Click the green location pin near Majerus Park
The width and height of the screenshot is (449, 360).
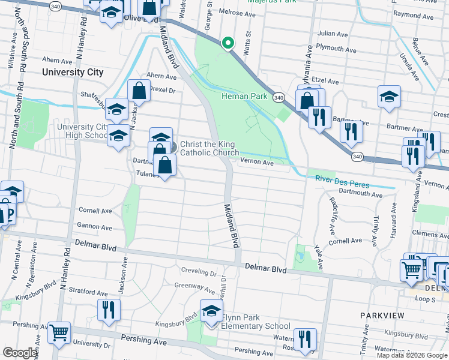point(228,43)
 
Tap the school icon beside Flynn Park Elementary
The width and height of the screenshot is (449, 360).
point(211,311)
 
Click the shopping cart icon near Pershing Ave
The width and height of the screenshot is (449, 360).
point(59,332)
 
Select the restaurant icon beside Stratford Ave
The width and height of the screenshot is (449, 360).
point(109,310)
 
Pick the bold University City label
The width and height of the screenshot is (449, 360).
point(73,72)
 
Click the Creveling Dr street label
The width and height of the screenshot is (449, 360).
point(198,273)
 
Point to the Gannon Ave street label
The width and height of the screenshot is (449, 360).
point(94,227)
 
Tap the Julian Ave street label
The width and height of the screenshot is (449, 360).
point(333,35)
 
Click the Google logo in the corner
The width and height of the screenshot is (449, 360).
point(20,353)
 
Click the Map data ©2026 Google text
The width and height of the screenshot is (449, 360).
point(412,355)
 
